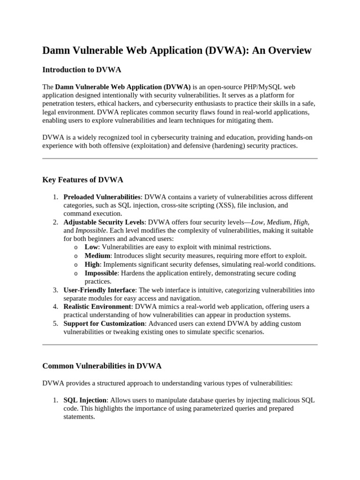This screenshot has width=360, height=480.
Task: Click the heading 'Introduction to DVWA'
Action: pyautogui.click(x=82, y=70)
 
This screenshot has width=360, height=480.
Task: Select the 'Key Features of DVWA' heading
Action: pyautogui.click(x=82, y=180)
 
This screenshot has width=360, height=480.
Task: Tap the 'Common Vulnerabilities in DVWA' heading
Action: pyautogui.click(x=102, y=366)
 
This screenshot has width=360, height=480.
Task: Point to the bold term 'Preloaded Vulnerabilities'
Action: pyautogui.click(x=102, y=197)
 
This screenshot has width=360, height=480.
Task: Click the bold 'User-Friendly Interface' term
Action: pyautogui.click(x=99, y=290)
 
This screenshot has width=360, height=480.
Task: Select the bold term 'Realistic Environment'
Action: pyautogui.click(x=97, y=307)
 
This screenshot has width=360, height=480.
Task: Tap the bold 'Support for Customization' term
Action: pyautogui.click(x=104, y=323)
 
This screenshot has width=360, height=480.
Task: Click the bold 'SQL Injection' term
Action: pyautogui.click(x=85, y=400)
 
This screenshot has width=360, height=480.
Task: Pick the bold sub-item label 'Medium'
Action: pyautogui.click(x=97, y=256)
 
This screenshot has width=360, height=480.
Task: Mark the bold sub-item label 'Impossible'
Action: pyautogui.click(x=100, y=273)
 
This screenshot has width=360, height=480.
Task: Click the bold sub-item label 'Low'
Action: pyautogui.click(x=91, y=247)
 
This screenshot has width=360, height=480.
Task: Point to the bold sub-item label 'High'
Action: pyautogui.click(x=92, y=264)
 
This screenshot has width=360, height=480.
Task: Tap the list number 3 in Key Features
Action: pyautogui.click(x=55, y=290)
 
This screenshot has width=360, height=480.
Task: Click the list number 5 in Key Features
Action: pyautogui.click(x=55, y=323)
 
